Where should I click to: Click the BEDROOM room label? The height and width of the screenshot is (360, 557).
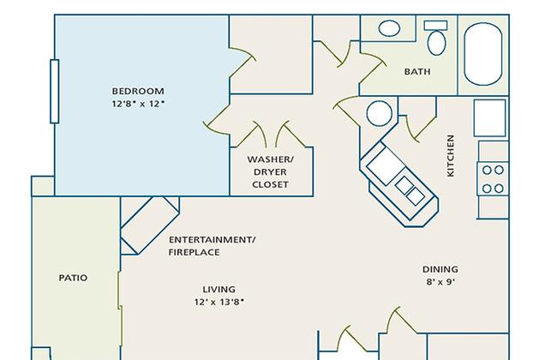pyautogui.click(x=138, y=91)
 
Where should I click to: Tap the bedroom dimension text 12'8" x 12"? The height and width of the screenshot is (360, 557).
pyautogui.click(x=138, y=104)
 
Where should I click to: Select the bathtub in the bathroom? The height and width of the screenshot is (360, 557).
pyautogui.click(x=483, y=54)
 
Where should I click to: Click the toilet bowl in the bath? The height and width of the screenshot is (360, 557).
pyautogui.click(x=436, y=43)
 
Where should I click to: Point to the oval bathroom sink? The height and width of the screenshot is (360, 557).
pyautogui.click(x=389, y=28)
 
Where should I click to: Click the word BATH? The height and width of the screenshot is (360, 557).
pyautogui.click(x=417, y=72)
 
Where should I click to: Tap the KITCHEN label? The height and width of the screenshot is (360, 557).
pyautogui.click(x=451, y=155)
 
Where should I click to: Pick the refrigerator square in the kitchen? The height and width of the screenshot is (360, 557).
pyautogui.click(x=489, y=117)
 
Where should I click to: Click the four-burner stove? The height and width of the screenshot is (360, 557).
pyautogui.click(x=493, y=179)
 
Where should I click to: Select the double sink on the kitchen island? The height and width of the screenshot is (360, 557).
pyautogui.click(x=410, y=190)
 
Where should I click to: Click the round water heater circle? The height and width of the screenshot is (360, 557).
pyautogui.click(x=380, y=113)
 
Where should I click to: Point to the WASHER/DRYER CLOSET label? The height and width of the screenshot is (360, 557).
pyautogui.click(x=270, y=172)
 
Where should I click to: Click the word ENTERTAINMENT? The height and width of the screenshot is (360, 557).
pyautogui.click(x=212, y=240)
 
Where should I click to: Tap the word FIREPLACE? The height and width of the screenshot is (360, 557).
pyautogui.click(x=194, y=252)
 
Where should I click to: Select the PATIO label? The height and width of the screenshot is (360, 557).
pyautogui.click(x=73, y=278)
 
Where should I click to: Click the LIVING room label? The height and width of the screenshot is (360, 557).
pyautogui.click(x=219, y=289)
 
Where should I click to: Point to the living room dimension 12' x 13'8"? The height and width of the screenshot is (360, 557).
pyautogui.click(x=219, y=302)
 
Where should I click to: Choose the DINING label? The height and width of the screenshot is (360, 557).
pyautogui.click(x=440, y=269)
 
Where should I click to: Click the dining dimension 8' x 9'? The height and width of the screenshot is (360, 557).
pyautogui.click(x=440, y=282)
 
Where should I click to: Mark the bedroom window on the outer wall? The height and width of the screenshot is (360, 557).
pyautogui.click(x=54, y=92)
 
